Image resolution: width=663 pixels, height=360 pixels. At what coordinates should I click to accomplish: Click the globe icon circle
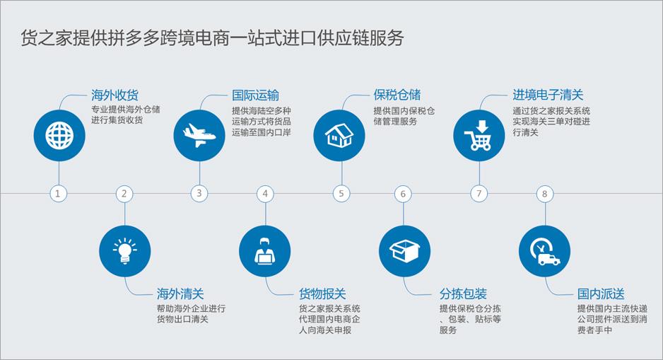59,135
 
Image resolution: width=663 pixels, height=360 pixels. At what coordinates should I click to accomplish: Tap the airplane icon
199,135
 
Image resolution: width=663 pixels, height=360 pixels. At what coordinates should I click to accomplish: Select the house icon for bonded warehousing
339,135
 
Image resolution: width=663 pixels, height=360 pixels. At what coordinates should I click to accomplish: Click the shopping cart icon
479,135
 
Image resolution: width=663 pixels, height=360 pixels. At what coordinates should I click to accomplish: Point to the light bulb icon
124,251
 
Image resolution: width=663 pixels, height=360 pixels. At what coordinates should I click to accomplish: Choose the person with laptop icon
264,251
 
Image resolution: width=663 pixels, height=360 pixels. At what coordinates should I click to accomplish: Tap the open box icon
404,251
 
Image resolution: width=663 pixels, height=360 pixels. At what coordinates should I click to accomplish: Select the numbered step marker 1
59,194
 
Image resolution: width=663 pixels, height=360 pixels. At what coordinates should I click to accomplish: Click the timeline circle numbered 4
265,194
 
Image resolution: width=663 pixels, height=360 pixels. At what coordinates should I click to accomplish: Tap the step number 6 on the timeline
403,194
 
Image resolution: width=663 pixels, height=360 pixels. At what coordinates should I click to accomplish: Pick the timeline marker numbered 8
544,194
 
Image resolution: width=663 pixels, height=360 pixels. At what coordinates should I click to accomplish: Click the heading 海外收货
115,95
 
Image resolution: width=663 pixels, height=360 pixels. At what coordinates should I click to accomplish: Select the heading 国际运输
255,95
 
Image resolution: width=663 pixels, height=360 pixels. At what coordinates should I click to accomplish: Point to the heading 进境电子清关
548,95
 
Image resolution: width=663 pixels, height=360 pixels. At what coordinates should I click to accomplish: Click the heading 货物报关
322,294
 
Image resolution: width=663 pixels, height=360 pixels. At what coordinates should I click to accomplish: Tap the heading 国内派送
601,294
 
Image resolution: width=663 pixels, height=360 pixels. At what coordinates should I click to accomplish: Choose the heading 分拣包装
463,294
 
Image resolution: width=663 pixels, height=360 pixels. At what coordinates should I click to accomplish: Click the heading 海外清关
180,294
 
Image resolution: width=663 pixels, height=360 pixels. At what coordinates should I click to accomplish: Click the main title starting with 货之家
212,37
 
